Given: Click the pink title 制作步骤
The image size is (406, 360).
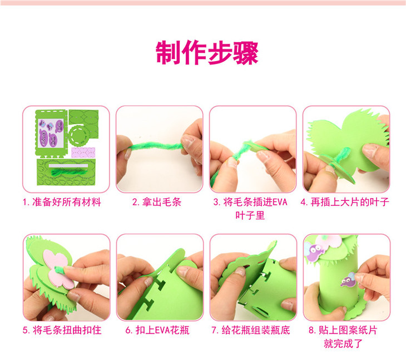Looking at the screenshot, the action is (x=207, y=52).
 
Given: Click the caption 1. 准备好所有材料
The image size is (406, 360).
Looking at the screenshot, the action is (x=62, y=202).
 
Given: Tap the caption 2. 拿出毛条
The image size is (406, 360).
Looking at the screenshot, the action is (x=157, y=202).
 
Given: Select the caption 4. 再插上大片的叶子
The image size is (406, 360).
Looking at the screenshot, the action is (x=345, y=202).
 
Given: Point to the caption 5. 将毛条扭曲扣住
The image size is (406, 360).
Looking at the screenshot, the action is (x=62, y=330).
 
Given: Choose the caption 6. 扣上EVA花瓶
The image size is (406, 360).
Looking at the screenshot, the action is (x=157, y=330).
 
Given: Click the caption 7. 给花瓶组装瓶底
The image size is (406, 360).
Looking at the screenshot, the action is (x=251, y=330).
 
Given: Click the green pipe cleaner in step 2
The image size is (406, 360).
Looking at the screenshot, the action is (x=155, y=147).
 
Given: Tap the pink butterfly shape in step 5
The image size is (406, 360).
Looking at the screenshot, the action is (x=58, y=269).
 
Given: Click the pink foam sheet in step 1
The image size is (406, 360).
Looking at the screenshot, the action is (x=83, y=152).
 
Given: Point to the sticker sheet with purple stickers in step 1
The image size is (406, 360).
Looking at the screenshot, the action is (x=51, y=133).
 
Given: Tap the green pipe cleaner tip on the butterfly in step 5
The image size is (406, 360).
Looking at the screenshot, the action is (x=60, y=269).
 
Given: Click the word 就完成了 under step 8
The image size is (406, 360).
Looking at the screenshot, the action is (x=343, y=344).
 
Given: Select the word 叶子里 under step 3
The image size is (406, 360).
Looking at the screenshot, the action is (x=250, y=215).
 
